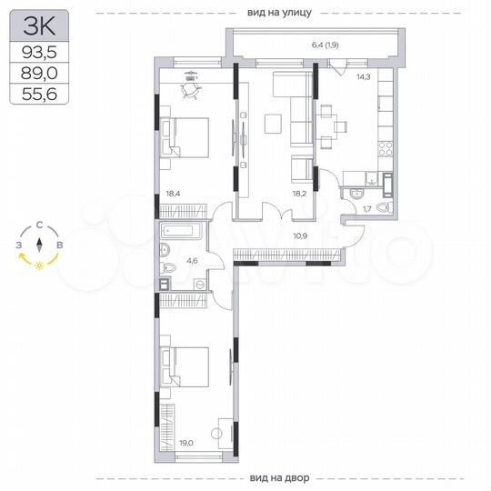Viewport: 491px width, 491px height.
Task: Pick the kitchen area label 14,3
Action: pos(363,77)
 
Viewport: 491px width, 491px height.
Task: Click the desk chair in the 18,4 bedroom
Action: pos(189,88)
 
